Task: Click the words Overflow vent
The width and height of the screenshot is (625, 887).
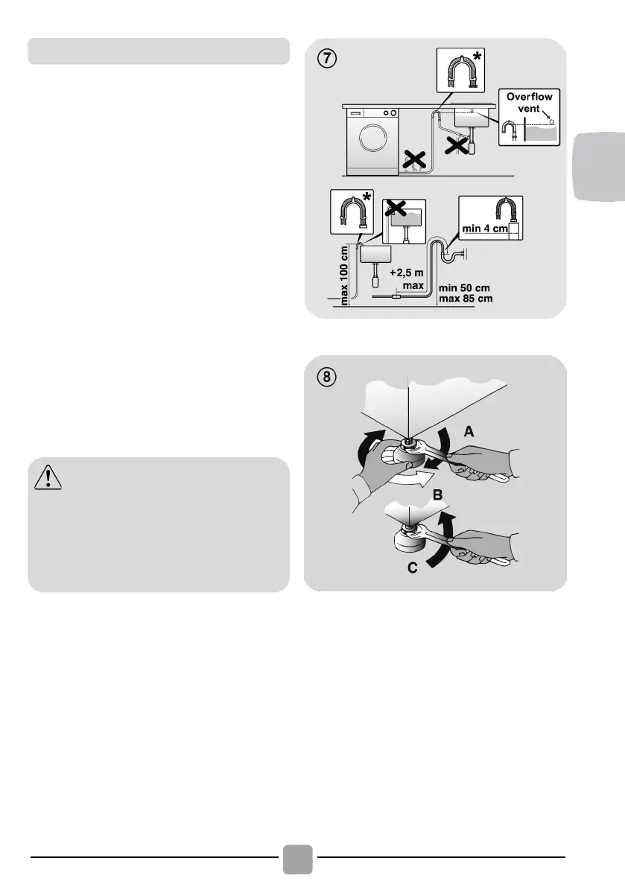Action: pos(529,102)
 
